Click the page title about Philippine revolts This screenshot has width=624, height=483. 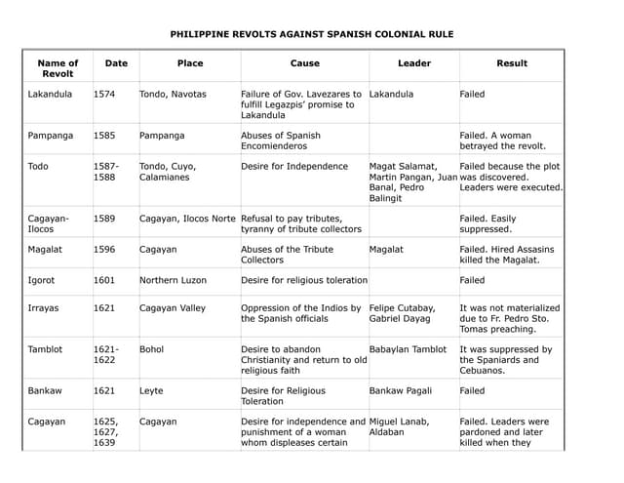(x=312, y=34)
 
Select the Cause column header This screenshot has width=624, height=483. (x=304, y=63)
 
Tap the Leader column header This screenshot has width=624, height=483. (x=414, y=63)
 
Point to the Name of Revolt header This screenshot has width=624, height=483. (x=58, y=68)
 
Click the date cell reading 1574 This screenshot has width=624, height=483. (x=104, y=95)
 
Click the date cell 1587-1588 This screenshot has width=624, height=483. (x=107, y=172)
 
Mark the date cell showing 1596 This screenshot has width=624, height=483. (x=104, y=250)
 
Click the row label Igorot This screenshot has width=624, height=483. (x=42, y=280)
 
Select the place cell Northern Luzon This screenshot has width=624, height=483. (x=174, y=280)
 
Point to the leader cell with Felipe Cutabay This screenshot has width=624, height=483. (x=403, y=313)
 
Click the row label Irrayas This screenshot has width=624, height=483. (x=44, y=308)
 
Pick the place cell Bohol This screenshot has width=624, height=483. (x=152, y=348)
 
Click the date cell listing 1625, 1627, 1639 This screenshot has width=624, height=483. (x=106, y=432)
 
